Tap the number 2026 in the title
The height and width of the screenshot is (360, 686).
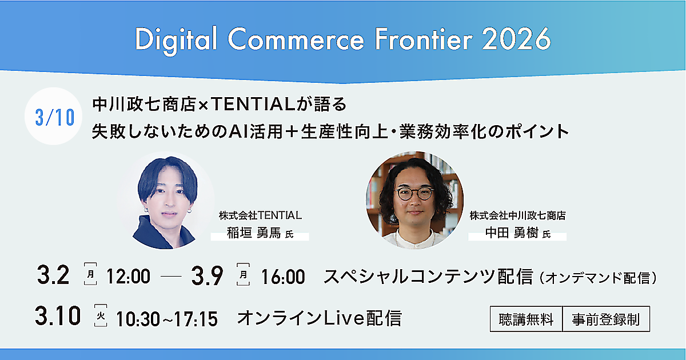click(516, 39)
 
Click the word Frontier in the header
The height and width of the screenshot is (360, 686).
click(424, 39)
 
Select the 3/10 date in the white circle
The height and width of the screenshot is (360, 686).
click(55, 117)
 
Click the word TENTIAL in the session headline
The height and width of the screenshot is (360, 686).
click(253, 104)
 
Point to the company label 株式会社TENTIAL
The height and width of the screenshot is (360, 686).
click(260, 215)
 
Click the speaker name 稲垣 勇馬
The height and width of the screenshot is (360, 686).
click(254, 233)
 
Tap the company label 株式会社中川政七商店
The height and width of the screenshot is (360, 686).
click(517, 215)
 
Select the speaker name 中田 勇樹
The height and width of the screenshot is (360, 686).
click(512, 233)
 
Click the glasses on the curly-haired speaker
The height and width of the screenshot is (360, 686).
click(414, 193)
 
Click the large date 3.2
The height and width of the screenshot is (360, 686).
click(53, 275)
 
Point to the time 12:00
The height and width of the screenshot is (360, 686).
click(128, 277)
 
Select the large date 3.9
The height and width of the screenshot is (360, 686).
click(208, 275)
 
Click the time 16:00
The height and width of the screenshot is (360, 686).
click(282, 277)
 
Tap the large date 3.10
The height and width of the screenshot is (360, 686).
click(58, 315)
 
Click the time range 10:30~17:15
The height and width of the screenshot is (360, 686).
click(166, 319)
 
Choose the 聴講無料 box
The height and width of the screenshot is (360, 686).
click(526, 319)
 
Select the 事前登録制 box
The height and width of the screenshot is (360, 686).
click(606, 319)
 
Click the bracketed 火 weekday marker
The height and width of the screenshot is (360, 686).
click(101, 315)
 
